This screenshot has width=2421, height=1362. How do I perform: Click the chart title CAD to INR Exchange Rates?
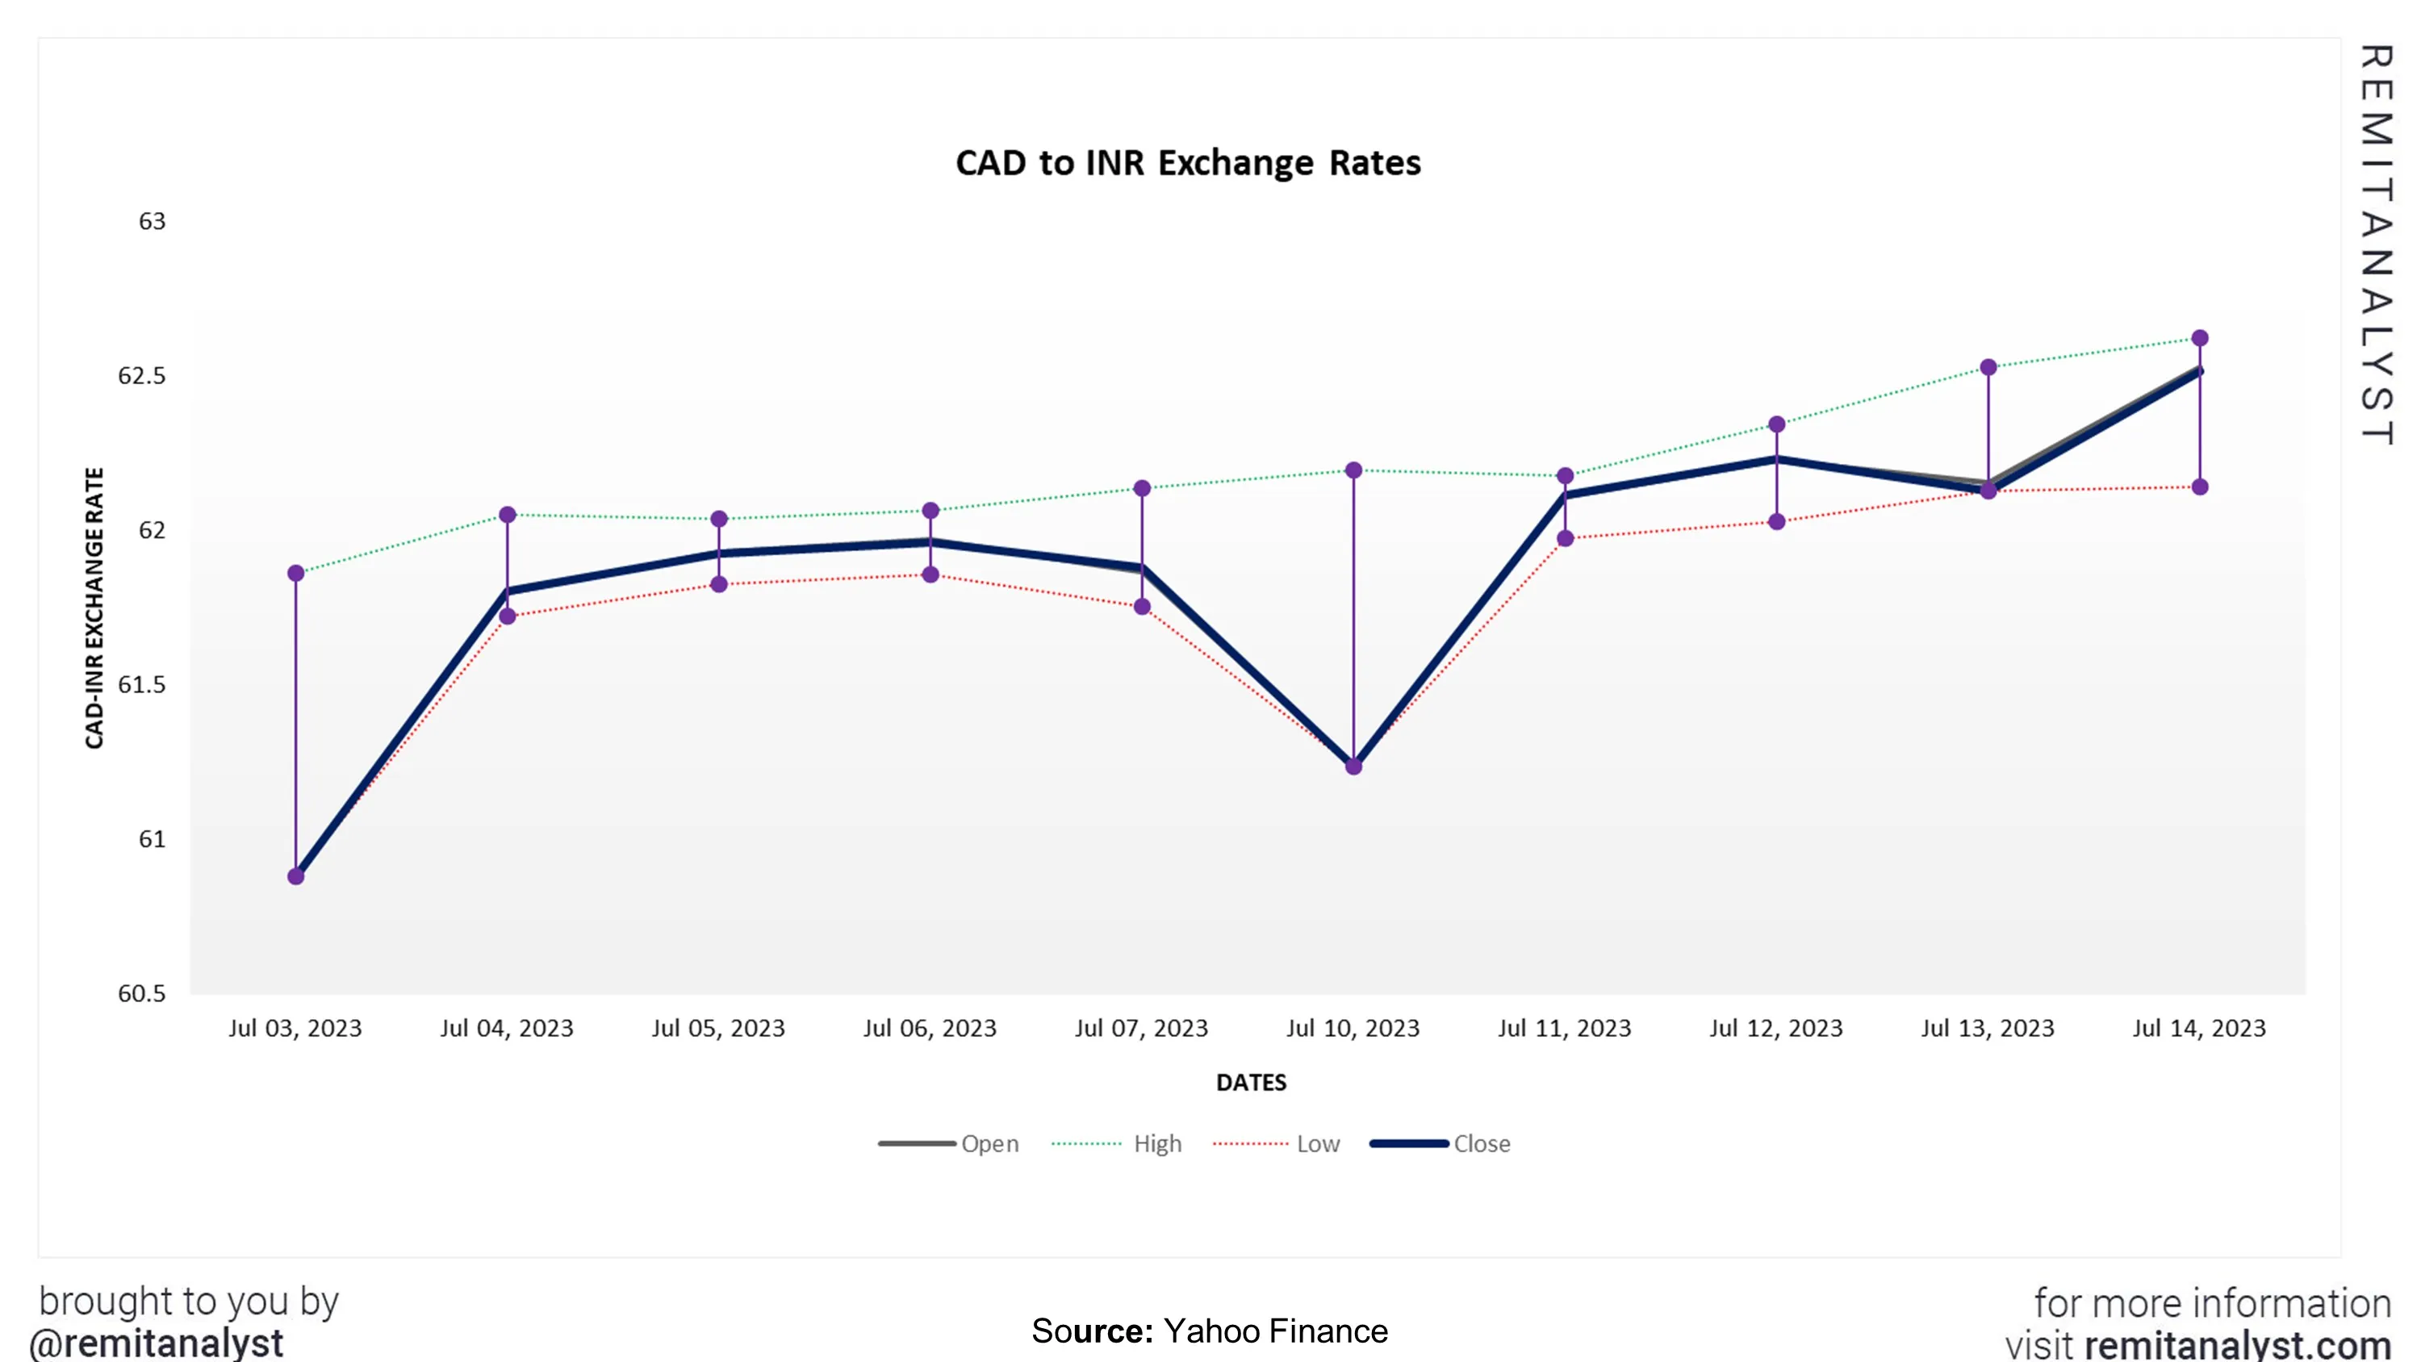point(1187,163)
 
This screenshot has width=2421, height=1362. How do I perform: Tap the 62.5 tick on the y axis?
point(141,376)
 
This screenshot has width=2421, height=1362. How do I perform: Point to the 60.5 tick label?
point(141,993)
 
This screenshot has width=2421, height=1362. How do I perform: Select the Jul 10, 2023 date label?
point(1353,1028)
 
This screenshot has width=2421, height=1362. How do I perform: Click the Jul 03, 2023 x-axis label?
point(295,1028)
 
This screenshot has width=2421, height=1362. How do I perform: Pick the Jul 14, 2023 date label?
point(2199,1028)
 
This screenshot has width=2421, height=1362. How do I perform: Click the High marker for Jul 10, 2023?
point(1353,470)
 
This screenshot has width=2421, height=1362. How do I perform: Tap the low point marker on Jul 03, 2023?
point(296,876)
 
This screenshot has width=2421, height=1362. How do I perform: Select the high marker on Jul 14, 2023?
point(2200,337)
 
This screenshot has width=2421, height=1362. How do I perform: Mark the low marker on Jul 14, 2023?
point(2200,487)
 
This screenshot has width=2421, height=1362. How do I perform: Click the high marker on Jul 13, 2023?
point(1988,367)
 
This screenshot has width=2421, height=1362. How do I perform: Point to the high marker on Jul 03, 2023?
point(296,574)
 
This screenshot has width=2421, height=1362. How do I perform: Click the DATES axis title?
point(1251,1083)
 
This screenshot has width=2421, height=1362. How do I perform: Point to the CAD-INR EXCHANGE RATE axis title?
point(94,608)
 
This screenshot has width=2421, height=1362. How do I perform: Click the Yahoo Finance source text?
point(1274,1331)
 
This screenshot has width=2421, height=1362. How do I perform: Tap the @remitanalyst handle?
point(156,1343)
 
